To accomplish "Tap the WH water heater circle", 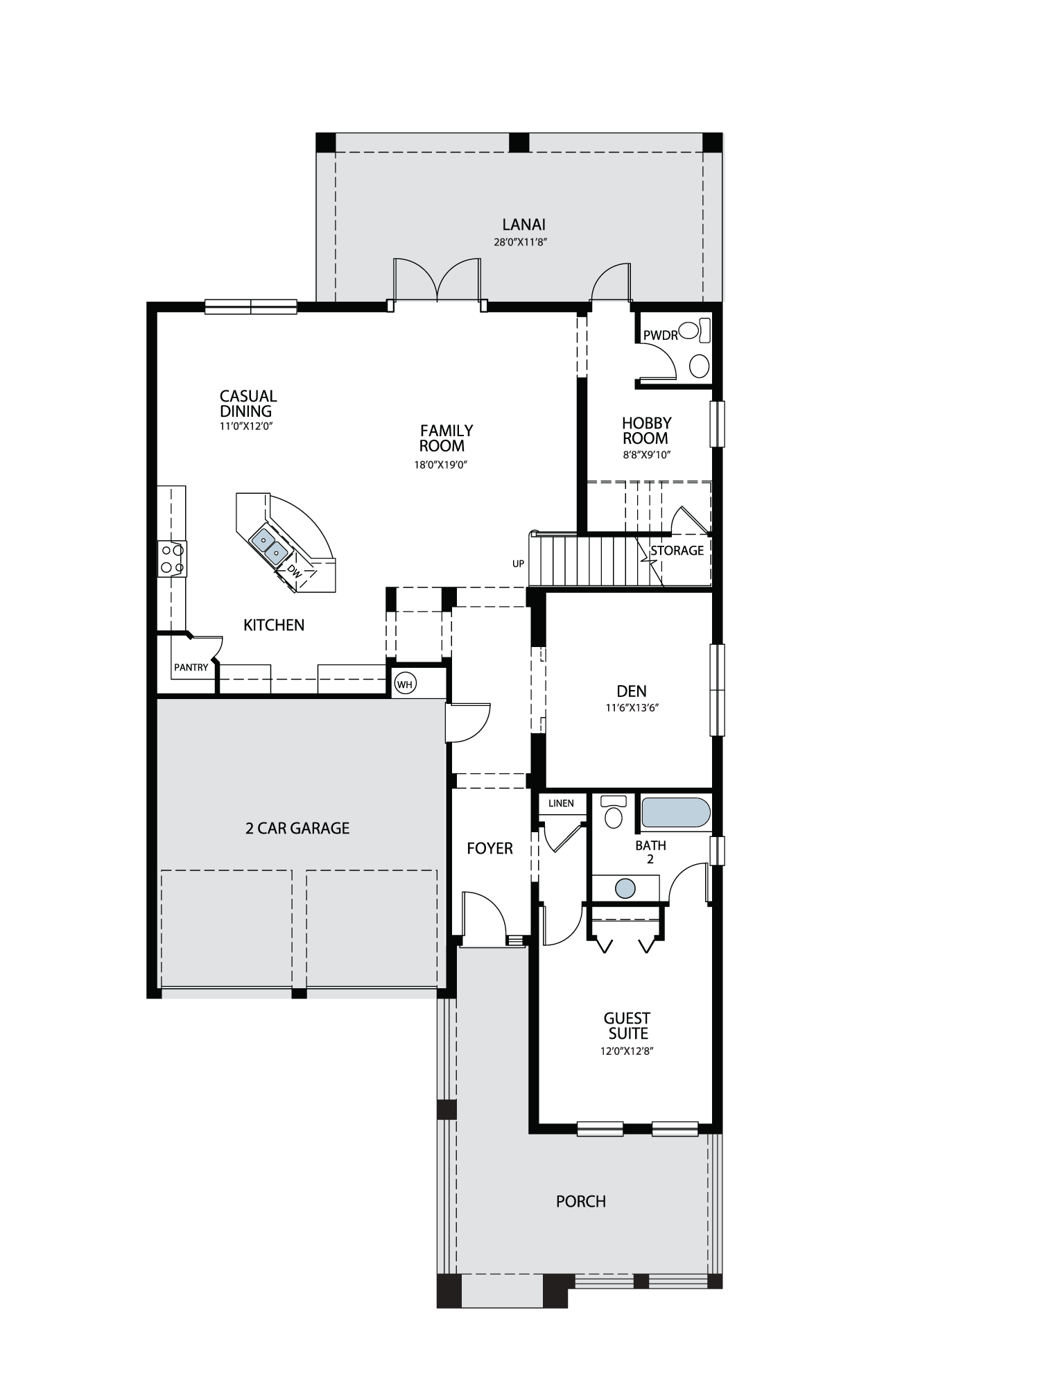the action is [405, 684].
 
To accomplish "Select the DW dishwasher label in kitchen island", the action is [294, 571].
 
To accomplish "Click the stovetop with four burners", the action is [172, 558].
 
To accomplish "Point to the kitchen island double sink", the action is [270, 545].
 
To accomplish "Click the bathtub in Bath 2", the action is [676, 812].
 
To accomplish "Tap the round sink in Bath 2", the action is [625, 888].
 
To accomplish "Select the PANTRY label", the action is [191, 667].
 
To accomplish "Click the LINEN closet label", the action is [561, 803].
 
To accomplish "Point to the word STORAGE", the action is [677, 550].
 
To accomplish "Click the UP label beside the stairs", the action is [519, 564].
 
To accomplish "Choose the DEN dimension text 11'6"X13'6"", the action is [631, 708].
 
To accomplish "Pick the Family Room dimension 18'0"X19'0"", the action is [441, 465].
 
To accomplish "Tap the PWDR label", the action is [660, 336].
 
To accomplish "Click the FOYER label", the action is [489, 848].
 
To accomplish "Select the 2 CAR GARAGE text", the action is [297, 828].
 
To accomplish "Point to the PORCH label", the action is [581, 1201].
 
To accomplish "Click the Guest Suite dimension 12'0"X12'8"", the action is [627, 1051].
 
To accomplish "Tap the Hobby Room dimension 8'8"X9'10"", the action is [646, 455].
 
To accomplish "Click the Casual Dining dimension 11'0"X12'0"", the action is [246, 426].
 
